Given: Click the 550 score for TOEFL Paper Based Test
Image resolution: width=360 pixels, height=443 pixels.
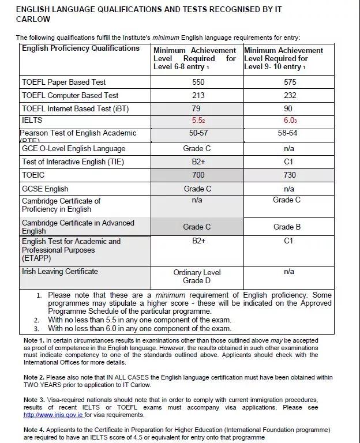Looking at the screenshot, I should point(197,82).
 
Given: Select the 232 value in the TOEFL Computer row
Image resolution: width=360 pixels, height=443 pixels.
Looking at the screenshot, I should point(290,95).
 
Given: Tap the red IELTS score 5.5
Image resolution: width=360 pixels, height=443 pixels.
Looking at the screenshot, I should point(197,121).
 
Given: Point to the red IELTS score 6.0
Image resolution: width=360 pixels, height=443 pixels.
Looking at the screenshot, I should point(290,121).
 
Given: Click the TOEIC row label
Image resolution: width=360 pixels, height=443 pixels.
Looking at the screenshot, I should point(33,175).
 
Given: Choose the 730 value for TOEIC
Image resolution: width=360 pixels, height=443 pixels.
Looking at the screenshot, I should point(290,175).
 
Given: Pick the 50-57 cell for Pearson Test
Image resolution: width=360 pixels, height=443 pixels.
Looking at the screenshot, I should point(197,133).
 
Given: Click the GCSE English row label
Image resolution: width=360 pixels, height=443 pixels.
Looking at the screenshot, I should point(45,189).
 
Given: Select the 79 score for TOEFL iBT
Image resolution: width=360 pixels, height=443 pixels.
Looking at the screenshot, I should point(197,108).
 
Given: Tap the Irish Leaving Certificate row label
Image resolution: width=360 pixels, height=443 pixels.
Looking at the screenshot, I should point(60,271).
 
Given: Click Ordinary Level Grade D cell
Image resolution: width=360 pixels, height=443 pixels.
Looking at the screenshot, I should point(197,276).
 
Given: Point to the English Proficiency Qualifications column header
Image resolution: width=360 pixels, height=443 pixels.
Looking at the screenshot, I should point(81,48).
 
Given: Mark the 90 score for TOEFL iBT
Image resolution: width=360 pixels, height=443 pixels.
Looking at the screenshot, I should point(290,108).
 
